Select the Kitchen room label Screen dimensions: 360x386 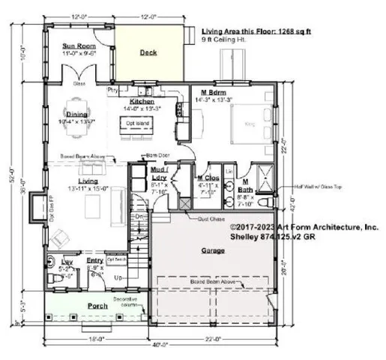[142, 100]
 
